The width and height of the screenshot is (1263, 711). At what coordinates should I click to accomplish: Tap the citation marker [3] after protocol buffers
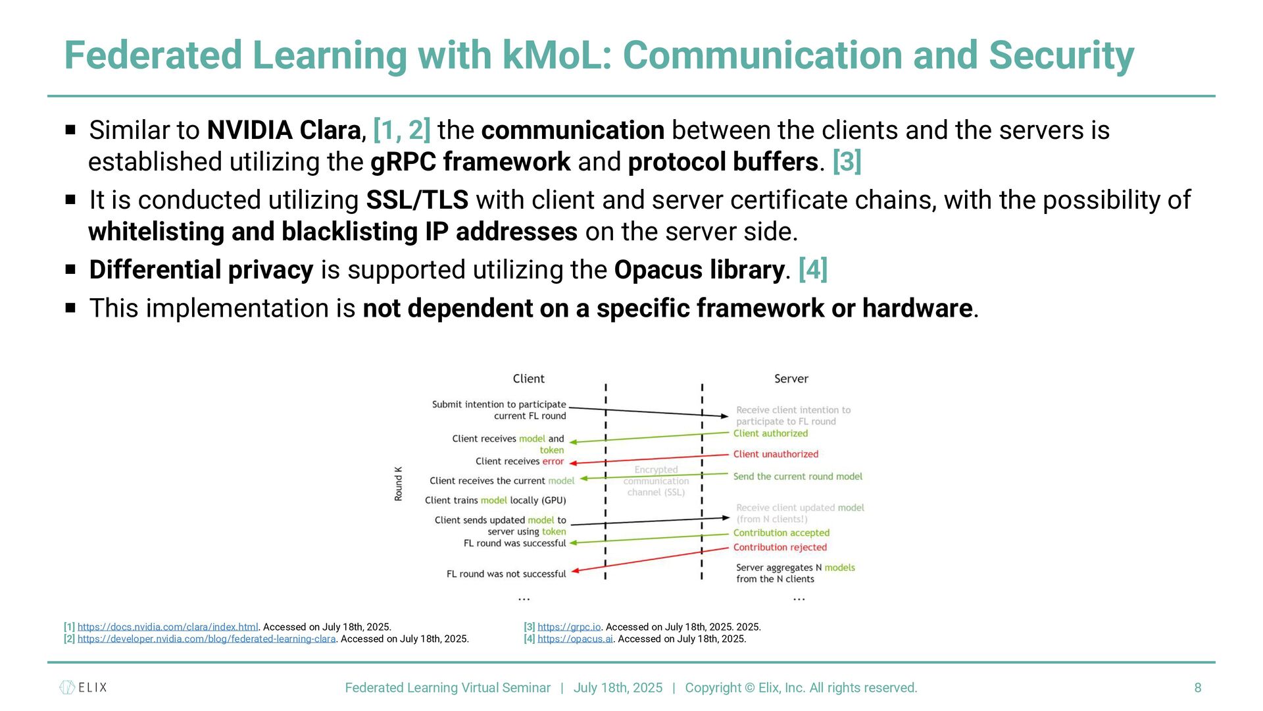[x=847, y=162]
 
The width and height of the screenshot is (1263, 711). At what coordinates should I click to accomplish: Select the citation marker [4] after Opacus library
[x=812, y=270]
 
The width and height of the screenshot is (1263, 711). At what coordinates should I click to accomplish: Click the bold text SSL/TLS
[x=417, y=200]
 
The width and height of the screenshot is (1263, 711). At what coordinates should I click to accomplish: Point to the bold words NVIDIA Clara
[x=284, y=130]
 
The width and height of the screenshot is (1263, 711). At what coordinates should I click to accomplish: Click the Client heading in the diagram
[x=528, y=379]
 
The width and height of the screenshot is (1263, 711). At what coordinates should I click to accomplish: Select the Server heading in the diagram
[x=791, y=379]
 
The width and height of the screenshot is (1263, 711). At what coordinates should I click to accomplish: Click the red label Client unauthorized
[x=776, y=454]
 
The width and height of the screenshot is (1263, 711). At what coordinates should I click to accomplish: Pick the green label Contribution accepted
[x=781, y=533]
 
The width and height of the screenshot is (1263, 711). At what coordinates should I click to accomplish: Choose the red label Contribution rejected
[x=780, y=547]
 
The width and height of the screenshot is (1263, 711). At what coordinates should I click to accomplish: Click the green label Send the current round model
[x=797, y=477]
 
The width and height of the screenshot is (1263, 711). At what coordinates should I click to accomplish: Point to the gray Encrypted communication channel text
[x=656, y=481]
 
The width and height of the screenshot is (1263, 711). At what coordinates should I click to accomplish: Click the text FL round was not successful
[x=506, y=574]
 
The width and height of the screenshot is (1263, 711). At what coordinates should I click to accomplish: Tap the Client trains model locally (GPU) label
[x=495, y=500]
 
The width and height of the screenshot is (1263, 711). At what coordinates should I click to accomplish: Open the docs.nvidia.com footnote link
[x=168, y=627]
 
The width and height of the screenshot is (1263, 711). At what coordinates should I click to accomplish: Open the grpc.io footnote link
[x=569, y=627]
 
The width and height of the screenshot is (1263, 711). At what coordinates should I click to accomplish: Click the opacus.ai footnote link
[x=575, y=639]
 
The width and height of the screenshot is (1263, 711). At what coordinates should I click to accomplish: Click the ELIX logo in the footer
[x=83, y=687]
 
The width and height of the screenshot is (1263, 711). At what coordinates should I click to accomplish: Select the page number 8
[x=1198, y=687]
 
